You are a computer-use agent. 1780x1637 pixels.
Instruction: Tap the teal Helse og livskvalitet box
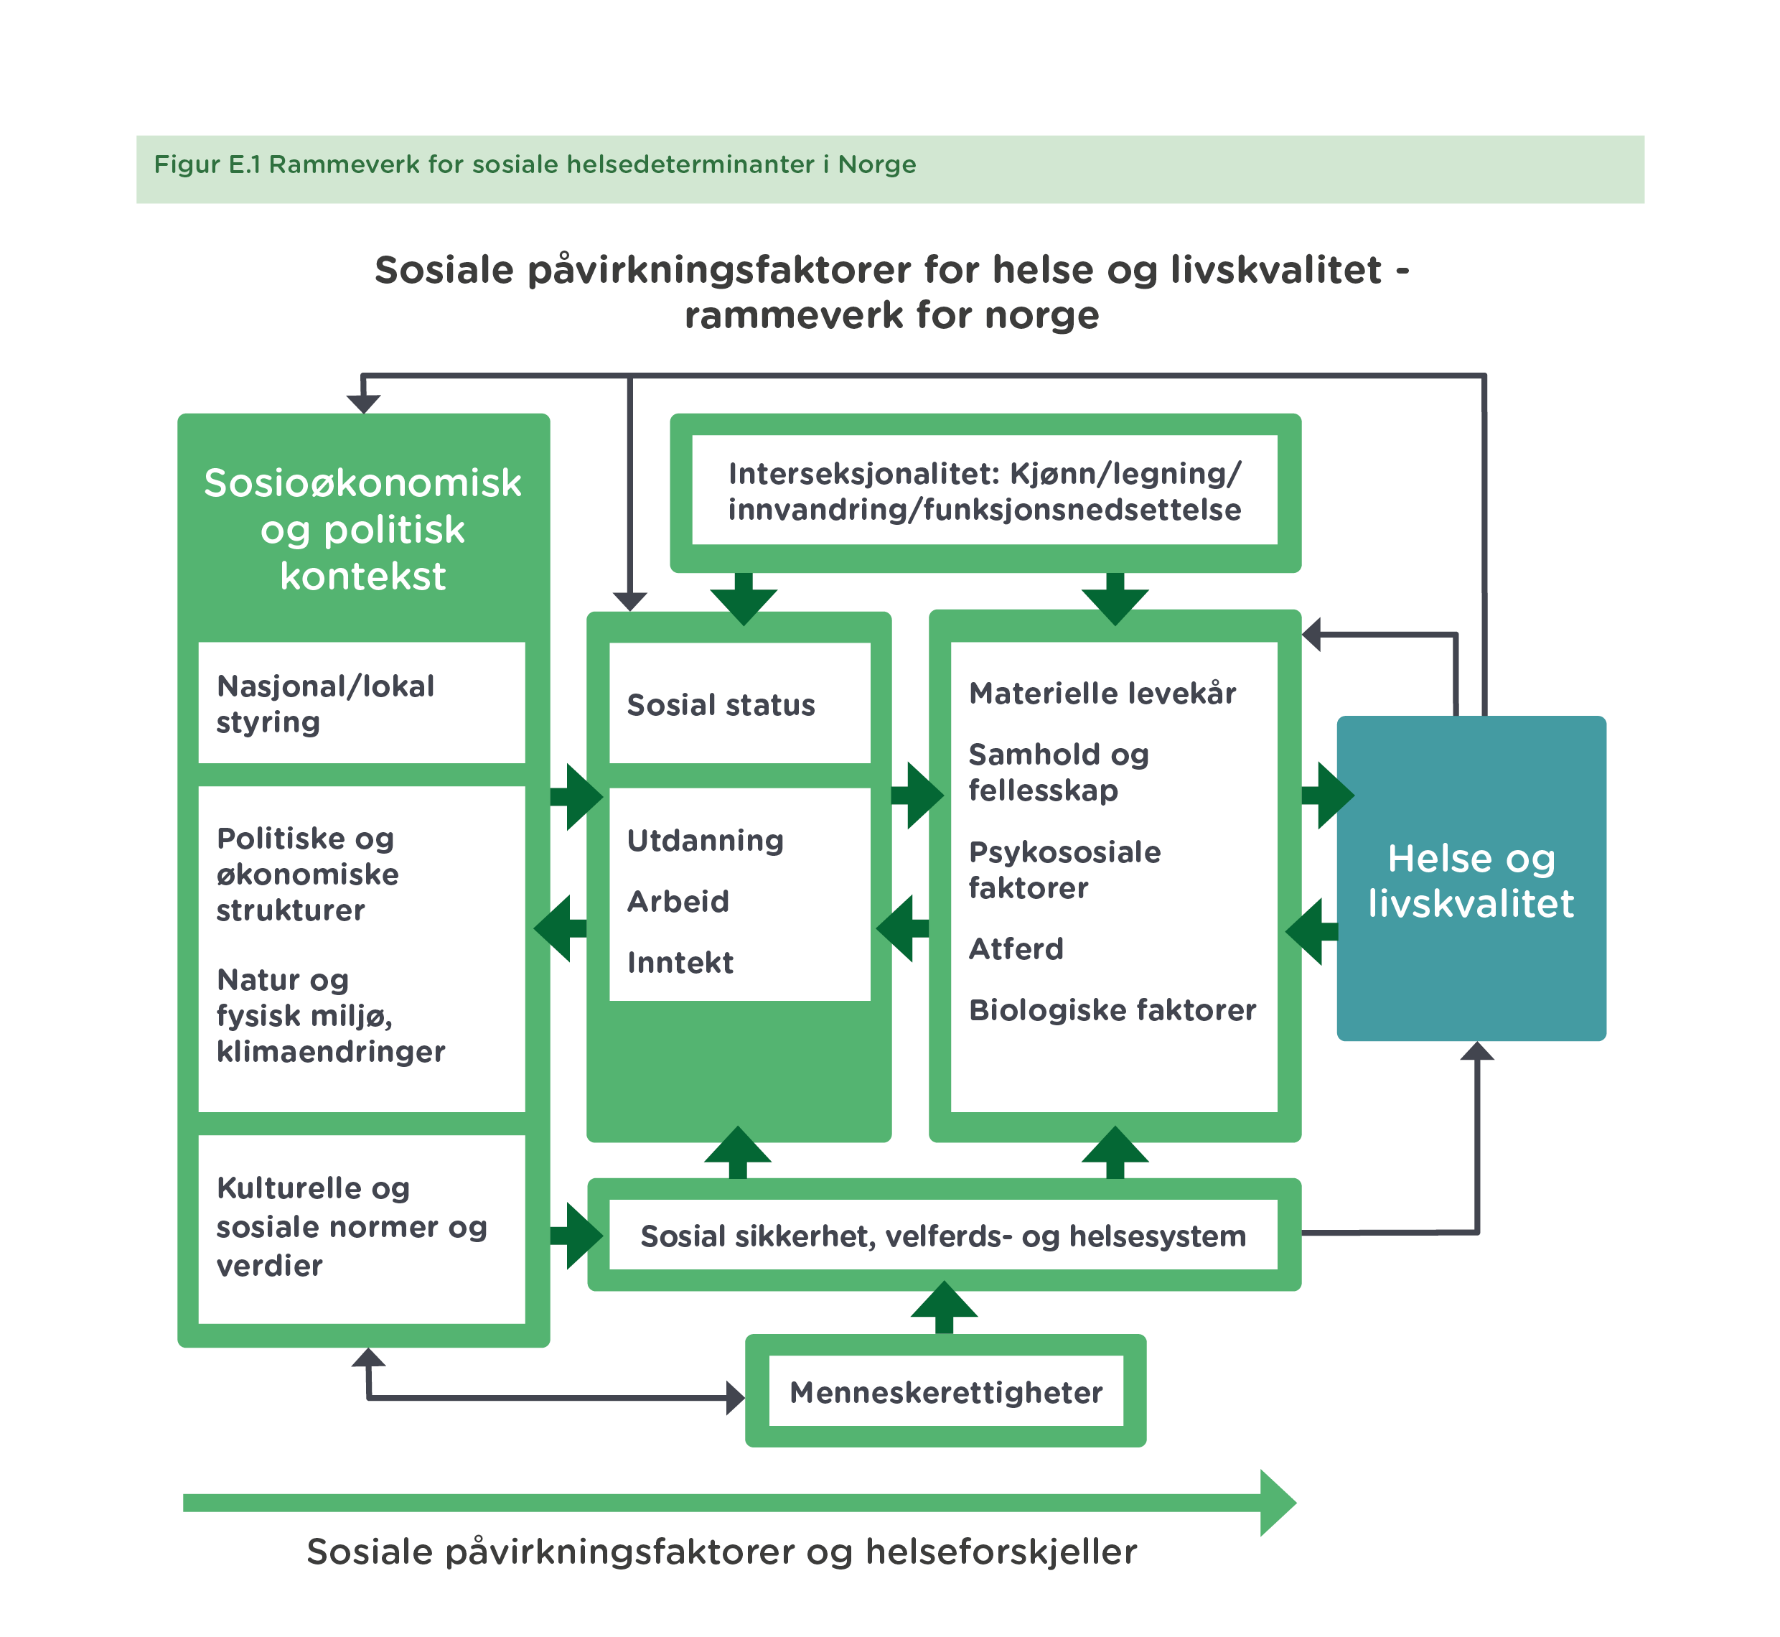(x=1470, y=880)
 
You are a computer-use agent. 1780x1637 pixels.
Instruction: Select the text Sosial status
(x=721, y=705)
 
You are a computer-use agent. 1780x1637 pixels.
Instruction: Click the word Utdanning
(x=705, y=841)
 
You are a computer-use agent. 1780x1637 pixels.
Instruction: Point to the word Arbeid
(x=678, y=902)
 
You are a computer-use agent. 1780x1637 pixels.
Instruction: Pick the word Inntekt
(x=680, y=963)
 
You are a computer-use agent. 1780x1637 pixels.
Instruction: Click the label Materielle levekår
(x=1102, y=694)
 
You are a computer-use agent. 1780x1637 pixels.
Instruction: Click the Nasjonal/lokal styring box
(x=326, y=704)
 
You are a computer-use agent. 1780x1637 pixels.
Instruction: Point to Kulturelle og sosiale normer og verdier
(x=351, y=1227)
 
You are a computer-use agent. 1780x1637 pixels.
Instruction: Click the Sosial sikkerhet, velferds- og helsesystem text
(x=942, y=1236)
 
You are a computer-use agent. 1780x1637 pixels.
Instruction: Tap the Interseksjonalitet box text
(x=984, y=492)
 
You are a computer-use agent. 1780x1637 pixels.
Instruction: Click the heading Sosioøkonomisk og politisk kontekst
(x=362, y=530)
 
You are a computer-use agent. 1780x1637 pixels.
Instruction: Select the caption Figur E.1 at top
(x=534, y=164)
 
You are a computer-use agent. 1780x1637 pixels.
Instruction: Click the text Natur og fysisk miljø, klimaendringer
(x=329, y=1016)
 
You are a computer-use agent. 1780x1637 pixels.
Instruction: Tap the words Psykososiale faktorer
(x=1064, y=870)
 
